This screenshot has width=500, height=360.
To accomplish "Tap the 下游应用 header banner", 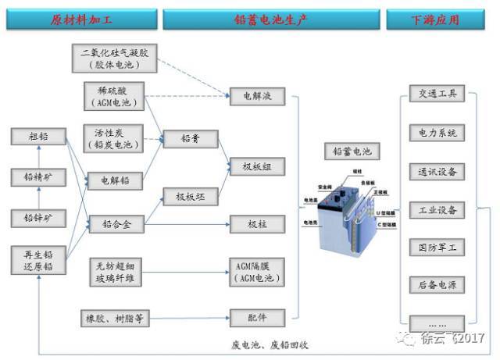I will pyautogui.click(x=434, y=19).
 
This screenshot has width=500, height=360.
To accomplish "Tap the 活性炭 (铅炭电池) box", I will pyautogui.click(x=114, y=138).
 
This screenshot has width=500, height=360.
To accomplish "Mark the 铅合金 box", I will pyautogui.click(x=116, y=225).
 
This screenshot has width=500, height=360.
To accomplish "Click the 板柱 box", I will pyautogui.click(x=257, y=225).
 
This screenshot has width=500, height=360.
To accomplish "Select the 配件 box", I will pyautogui.click(x=257, y=318).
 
